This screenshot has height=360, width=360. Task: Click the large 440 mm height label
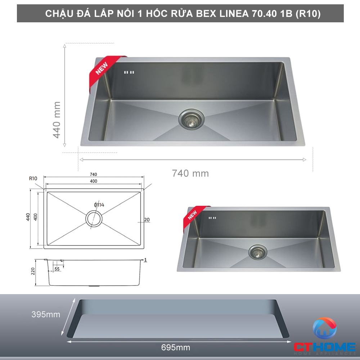click(x=57, y=120)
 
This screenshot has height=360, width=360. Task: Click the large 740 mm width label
click(x=190, y=173)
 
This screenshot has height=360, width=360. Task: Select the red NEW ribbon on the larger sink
click(x=102, y=68)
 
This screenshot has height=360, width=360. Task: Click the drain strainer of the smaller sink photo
click(x=257, y=252)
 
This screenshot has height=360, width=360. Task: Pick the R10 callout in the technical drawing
click(x=33, y=178)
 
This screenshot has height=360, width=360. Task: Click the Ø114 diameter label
click(x=99, y=205)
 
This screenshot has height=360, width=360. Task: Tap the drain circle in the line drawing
click(x=94, y=219)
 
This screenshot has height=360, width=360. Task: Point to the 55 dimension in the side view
click(x=57, y=269)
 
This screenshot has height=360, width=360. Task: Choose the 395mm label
click(x=45, y=315)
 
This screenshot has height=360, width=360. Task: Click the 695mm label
click(x=175, y=348)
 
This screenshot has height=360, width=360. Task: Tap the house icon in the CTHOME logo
click(x=324, y=328)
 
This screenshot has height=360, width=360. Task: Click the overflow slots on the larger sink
click(x=129, y=72)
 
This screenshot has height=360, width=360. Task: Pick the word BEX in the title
click(x=204, y=14)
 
